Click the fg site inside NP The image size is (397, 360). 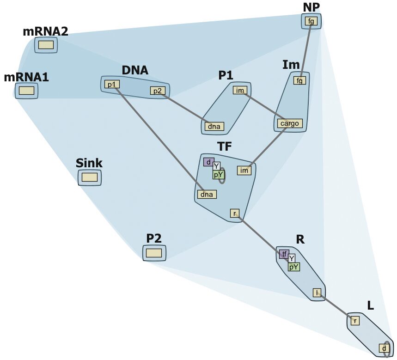click(x=311, y=21)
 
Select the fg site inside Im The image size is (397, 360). click(x=300, y=80)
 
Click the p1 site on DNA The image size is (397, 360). click(x=110, y=84)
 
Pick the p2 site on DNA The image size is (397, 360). click(x=158, y=91)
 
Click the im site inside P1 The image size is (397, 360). click(x=239, y=90)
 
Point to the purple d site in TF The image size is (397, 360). click(x=208, y=162)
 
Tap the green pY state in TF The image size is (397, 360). click(x=218, y=174)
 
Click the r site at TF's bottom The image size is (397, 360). click(x=235, y=213)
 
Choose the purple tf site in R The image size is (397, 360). click(x=284, y=254)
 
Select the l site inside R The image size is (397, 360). click(x=317, y=293)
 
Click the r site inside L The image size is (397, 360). click(x=355, y=320)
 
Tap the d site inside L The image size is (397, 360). click(x=384, y=348)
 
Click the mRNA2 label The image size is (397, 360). click(x=45, y=31)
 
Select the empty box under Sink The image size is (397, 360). click(x=90, y=177)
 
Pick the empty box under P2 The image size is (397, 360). click(x=154, y=253)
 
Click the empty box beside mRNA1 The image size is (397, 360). click(x=27, y=91)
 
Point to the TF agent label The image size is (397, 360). click(x=225, y=146)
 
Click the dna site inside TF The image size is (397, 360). click(x=207, y=195)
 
